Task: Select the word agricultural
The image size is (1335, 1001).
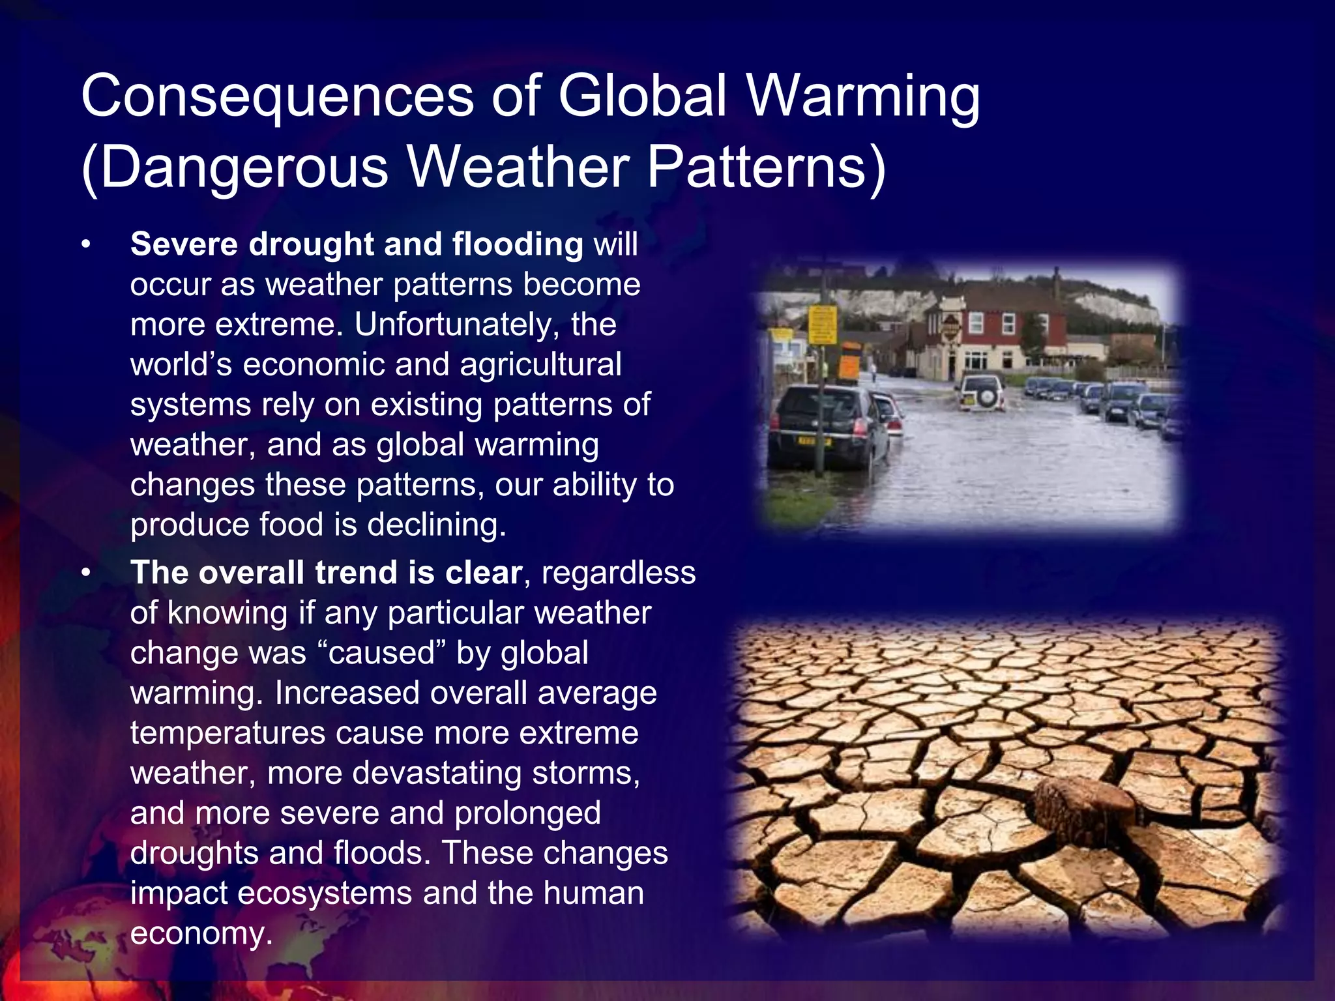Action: [540, 364]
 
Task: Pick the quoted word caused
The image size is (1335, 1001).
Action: [382, 653]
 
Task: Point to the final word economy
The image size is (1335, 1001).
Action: [199, 933]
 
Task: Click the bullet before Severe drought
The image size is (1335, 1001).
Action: [85, 246]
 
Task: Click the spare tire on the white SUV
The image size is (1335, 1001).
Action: [986, 395]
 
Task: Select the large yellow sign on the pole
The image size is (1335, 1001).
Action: [822, 325]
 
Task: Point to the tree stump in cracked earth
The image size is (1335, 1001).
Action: [1083, 808]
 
